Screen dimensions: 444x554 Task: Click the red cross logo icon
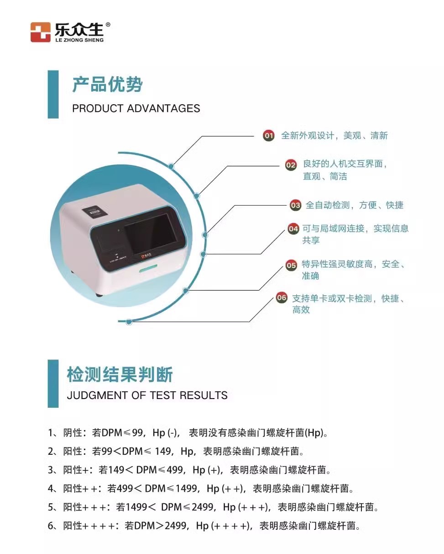[40, 32]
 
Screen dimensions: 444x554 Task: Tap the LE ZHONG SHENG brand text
[79, 40]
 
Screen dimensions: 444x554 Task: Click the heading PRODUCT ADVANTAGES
[136, 108]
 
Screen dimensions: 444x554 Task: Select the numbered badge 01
[269, 136]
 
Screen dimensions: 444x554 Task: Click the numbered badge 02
[291, 165]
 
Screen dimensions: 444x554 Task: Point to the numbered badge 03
[295, 205]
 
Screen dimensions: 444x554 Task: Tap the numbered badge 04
[293, 229]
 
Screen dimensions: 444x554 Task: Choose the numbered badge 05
[291, 265]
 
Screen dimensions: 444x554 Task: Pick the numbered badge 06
[282, 298]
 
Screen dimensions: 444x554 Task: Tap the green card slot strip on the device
[148, 268]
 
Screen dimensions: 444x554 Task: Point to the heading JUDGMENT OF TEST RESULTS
[147, 395]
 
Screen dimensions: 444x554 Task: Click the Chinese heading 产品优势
[107, 84]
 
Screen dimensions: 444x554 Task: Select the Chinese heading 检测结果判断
[120, 374]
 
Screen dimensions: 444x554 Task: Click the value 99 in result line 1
[137, 433]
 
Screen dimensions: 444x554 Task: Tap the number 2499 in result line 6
[176, 526]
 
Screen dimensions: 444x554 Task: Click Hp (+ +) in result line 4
[225, 489]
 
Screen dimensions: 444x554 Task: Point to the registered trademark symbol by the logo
[108, 25]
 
